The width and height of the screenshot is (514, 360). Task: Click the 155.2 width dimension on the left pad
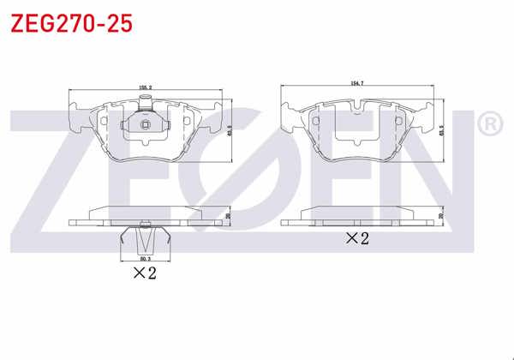[x=145, y=87]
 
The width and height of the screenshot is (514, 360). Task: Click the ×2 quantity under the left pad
[x=144, y=274]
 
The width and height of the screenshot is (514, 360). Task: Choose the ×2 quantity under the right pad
[x=356, y=238]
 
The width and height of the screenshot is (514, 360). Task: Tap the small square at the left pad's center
[x=145, y=129]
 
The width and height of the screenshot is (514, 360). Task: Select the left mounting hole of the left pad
[x=105, y=121]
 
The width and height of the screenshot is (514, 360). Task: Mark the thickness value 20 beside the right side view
[x=443, y=217]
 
